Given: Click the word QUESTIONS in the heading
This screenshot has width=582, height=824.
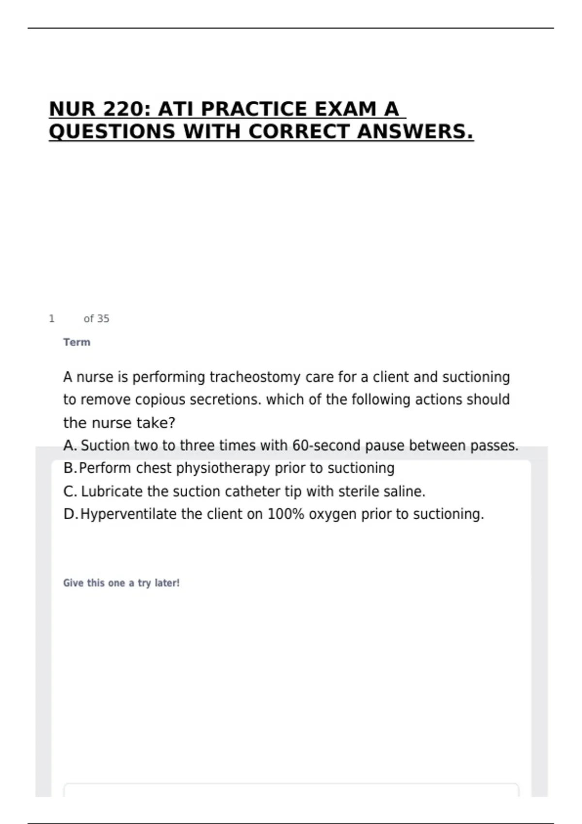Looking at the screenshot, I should [x=112, y=131].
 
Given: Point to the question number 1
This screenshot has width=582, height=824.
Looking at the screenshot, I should [x=52, y=318].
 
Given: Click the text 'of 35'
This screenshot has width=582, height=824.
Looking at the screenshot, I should [x=97, y=318].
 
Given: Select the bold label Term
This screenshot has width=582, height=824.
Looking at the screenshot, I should [x=77, y=342].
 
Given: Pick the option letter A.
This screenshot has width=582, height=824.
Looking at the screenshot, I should [x=69, y=445].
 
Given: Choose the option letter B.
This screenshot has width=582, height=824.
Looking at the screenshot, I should [x=69, y=468].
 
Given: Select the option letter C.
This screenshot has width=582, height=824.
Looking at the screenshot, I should [x=70, y=491].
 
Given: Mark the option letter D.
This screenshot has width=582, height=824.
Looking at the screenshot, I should [x=70, y=514].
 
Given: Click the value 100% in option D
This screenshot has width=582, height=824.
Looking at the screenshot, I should [x=286, y=514].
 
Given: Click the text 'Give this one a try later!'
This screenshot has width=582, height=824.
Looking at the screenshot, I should [x=121, y=583].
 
